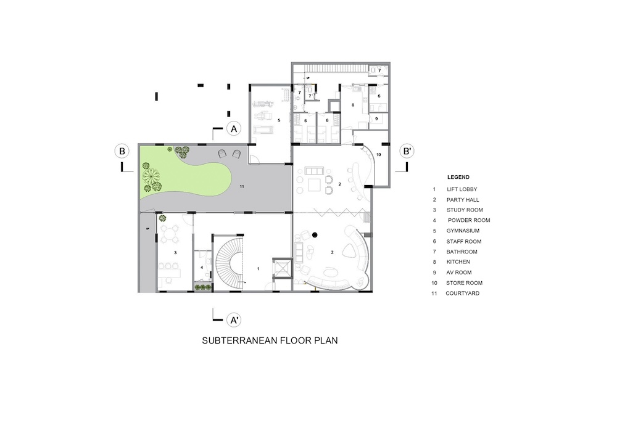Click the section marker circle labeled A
tap(234, 128)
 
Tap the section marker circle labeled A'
tap(234, 320)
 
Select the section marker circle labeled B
tap(122, 151)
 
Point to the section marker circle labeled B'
tap(407, 151)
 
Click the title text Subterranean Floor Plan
tap(270, 340)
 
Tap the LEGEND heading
tap(458, 177)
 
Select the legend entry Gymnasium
tap(463, 231)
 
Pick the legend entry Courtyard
tap(462, 294)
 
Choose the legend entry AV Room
tap(459, 273)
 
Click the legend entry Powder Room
tap(469, 220)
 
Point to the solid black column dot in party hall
tap(315, 235)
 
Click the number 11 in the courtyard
tap(242, 186)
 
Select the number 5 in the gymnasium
tap(279, 120)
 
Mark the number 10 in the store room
tap(379, 155)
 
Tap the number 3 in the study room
tap(175, 252)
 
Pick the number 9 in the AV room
tap(376, 119)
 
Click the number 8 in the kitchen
tap(353, 105)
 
